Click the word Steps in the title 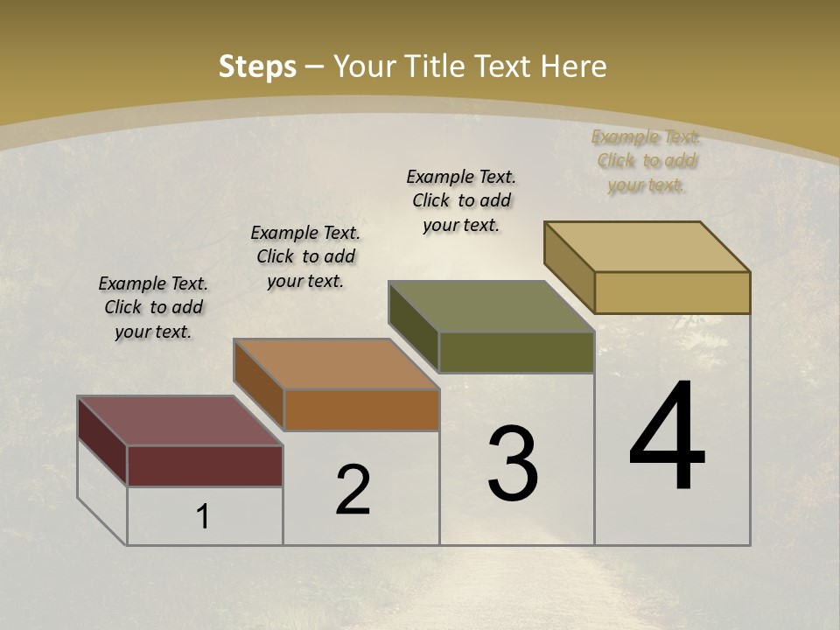tap(257, 66)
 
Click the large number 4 tap(667, 437)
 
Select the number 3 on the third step tap(513, 464)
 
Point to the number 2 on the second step tap(353, 490)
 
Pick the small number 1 tap(203, 516)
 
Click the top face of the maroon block tap(179, 421)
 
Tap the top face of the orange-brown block tap(336, 364)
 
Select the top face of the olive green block tap(491, 306)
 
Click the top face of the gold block tap(647, 247)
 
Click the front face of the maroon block tap(205, 465)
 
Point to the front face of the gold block tap(672, 292)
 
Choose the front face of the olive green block tap(516, 352)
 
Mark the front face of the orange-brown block tap(361, 409)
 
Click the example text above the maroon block tap(153, 307)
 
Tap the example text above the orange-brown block tap(305, 256)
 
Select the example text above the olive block tap(461, 200)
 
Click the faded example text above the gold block tap(647, 160)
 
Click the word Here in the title tap(574, 66)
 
